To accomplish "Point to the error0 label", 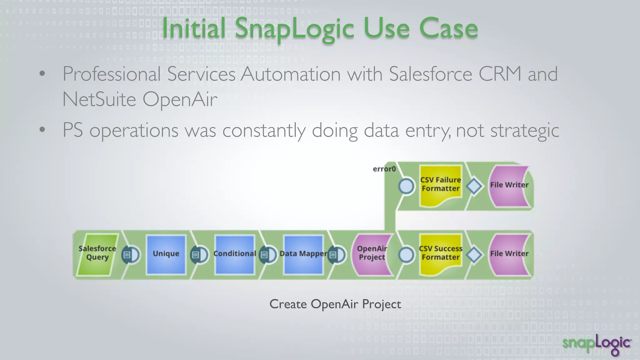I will point(384,169).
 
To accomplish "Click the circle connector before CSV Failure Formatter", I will point(406,186).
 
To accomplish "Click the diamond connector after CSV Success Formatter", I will point(474,255).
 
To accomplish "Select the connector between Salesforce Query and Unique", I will point(131,255).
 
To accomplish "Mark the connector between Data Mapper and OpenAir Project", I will point(337,255).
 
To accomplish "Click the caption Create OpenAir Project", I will point(335,304).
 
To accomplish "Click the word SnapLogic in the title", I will point(294,29).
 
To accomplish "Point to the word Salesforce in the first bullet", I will point(430,74).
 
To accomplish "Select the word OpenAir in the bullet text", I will point(180,99).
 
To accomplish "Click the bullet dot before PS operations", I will point(42,129).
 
